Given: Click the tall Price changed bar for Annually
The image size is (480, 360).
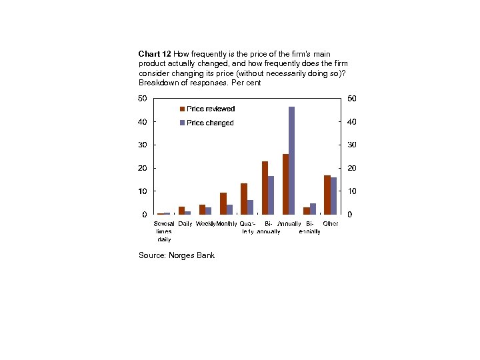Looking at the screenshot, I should coord(291,160).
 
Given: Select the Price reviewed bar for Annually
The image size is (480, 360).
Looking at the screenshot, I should coord(285,184).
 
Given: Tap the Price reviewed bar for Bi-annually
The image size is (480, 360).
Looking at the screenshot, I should coord(265,187).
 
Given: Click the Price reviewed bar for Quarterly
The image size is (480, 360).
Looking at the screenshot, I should coord(244,199).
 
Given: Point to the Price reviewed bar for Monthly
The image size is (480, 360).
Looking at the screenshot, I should coord(223,203).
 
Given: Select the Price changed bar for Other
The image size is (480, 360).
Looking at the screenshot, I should coord(333,195).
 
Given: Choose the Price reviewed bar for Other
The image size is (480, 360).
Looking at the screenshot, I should coord(327,195).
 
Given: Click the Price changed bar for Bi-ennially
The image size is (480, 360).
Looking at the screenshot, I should coord(313,209).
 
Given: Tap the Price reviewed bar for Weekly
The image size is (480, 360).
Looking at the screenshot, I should coord(202,209).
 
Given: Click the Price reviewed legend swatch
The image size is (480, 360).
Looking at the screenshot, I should coord(182,109).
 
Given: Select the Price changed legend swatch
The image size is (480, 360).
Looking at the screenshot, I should coord(182,123).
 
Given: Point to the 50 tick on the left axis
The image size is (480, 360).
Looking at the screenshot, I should coord(143,98).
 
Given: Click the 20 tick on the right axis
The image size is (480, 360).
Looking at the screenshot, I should coord(351,168).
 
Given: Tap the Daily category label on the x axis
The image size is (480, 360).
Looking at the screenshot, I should coord(185,223).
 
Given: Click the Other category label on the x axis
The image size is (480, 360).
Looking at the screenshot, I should coord(331,223).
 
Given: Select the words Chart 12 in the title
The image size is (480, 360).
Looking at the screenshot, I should coord(155,53).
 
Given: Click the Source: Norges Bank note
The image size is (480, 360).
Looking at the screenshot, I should coord(177,255).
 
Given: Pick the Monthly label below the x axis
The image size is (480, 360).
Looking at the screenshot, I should coord(227,223).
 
